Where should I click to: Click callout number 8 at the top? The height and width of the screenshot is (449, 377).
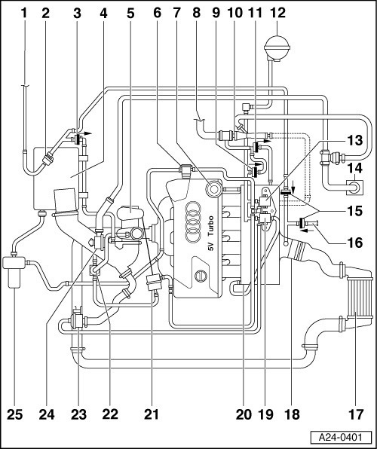tap(196, 13)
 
